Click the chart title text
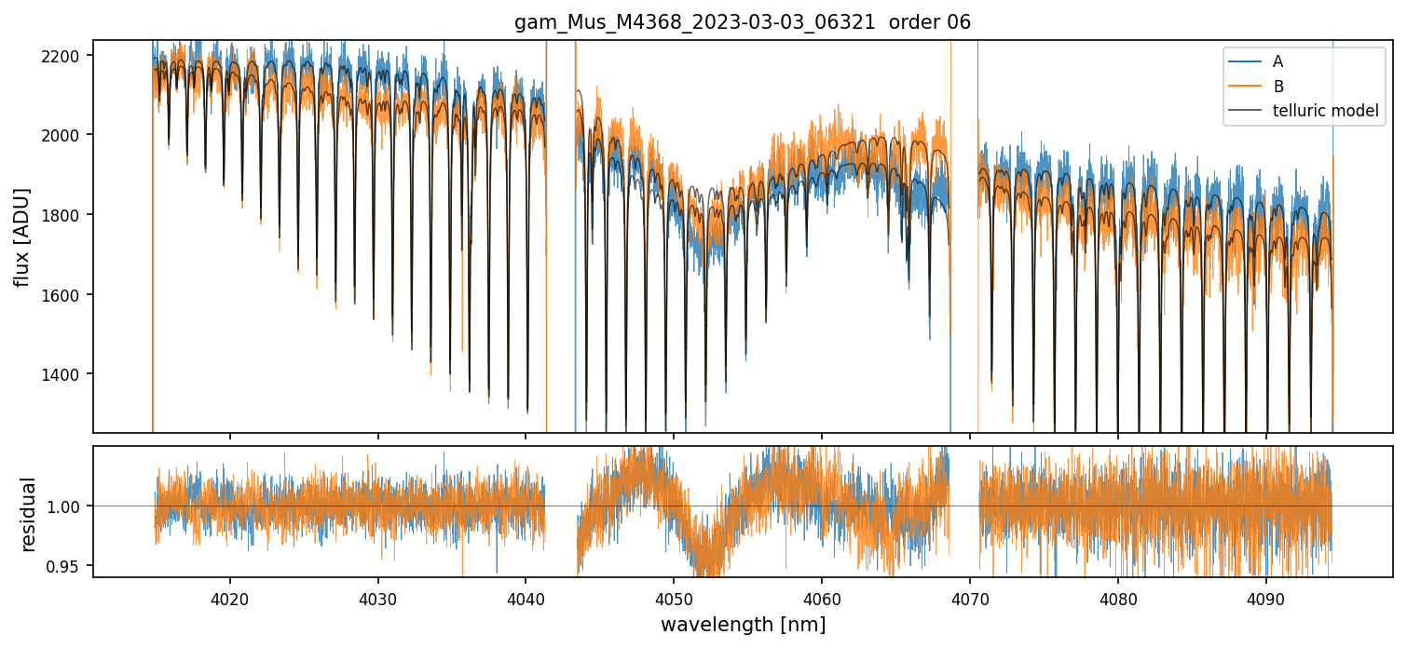click(743, 22)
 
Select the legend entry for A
click(1278, 61)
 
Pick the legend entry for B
click(1278, 87)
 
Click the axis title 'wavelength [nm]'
click(743, 625)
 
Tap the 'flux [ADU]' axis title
click(21, 236)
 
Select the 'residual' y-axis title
click(28, 514)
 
